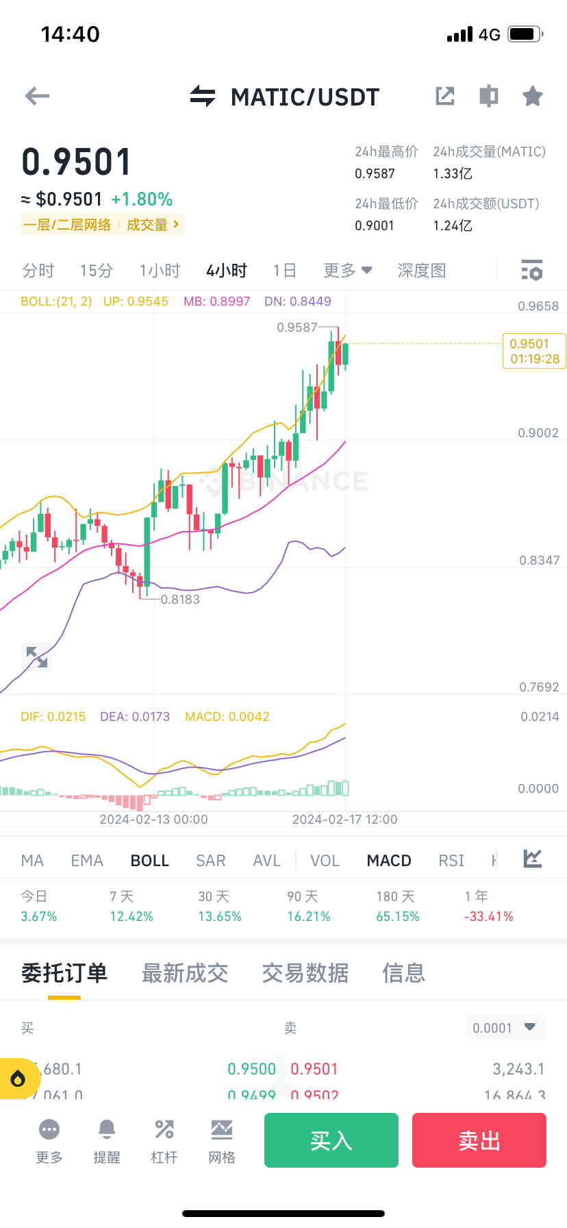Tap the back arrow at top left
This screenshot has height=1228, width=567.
[x=37, y=96]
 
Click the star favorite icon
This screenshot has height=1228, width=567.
[x=532, y=96]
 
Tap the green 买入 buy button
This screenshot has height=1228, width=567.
[x=331, y=1140]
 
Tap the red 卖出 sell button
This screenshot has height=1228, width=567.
[x=479, y=1140]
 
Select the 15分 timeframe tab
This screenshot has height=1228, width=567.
[x=96, y=271]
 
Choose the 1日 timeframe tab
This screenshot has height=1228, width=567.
[x=284, y=271]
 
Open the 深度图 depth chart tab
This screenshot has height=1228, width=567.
[x=421, y=271]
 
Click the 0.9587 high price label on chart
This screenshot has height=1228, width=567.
[x=297, y=328]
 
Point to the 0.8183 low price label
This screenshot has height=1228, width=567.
[x=180, y=600]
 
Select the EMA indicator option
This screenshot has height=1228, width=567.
[x=87, y=861]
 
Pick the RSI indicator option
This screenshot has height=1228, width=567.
[x=451, y=861]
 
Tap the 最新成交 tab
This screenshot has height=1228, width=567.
[x=184, y=973]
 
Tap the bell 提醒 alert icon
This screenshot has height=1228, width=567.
[x=107, y=1129]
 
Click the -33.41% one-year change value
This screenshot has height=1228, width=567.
[x=488, y=916]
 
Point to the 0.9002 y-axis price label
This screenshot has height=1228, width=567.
[x=538, y=433]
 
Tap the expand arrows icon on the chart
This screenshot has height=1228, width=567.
[x=37, y=657]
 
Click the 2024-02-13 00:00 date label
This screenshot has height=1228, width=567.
[x=153, y=820]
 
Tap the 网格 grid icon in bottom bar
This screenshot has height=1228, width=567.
[x=222, y=1129]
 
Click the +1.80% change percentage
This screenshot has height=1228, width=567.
[x=142, y=199]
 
